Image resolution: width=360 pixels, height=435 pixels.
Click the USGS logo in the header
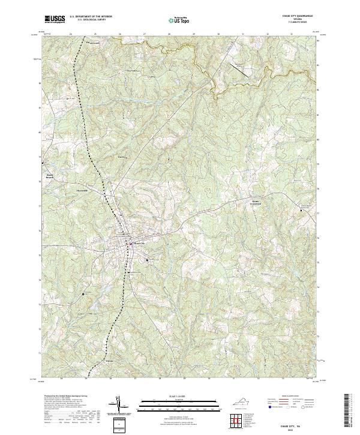tap(55, 20)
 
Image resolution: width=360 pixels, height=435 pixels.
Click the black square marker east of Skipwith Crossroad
tap(301, 210)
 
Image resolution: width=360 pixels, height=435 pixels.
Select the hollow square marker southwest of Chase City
tap(84, 294)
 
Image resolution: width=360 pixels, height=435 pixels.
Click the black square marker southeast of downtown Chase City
tap(148, 259)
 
